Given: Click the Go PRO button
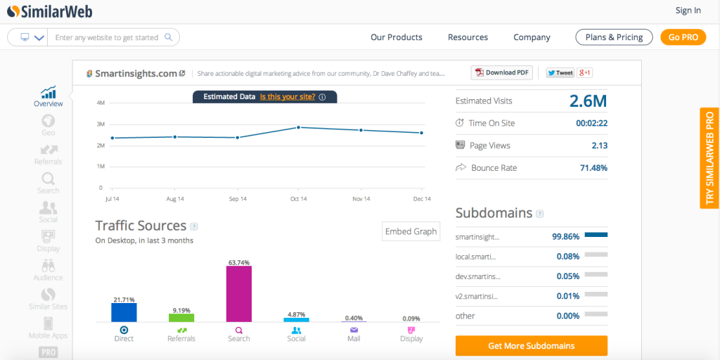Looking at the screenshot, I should pos(682,37).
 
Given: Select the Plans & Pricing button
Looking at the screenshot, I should pos(614,37).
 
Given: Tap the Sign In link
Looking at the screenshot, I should pos(688,11).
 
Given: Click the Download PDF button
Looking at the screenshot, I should pos(502,72).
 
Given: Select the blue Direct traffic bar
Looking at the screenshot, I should pos(124,312).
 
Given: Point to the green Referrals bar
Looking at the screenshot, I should pos(181,318).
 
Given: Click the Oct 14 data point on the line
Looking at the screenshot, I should pos(299,127).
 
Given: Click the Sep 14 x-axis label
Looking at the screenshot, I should pos(238,199).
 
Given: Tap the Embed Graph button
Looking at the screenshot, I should pos(411,231).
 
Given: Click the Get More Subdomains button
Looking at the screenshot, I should pos(531,346).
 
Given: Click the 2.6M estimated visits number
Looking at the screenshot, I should pos(588,101).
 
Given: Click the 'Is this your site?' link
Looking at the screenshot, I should pos(287,97).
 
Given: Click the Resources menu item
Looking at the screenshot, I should pos(468,37).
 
